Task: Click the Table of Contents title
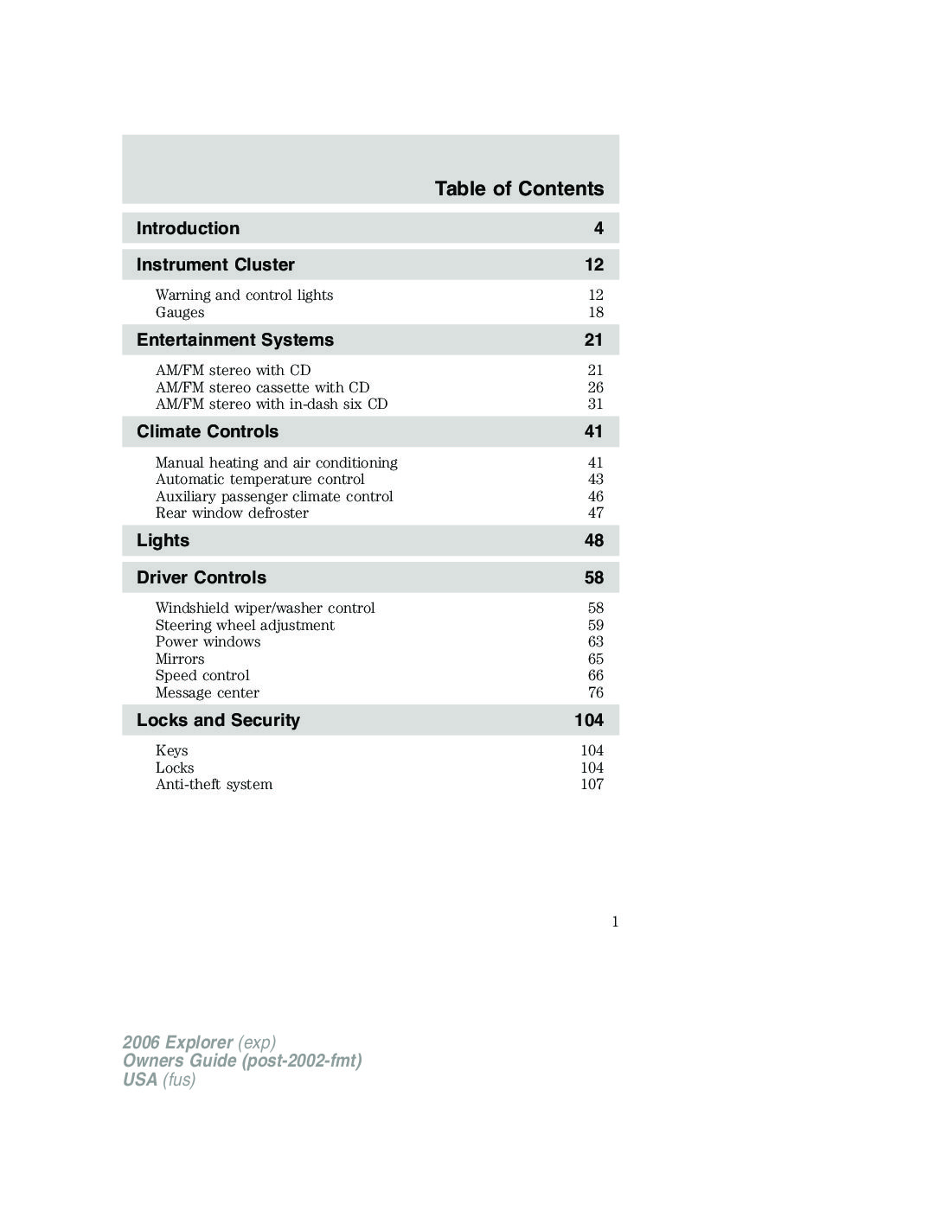(519, 188)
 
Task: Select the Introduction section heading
(188, 228)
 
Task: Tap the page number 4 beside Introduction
(599, 228)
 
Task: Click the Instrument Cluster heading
(215, 264)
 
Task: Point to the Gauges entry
(180, 312)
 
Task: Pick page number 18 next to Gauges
(596, 312)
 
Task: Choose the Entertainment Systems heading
(234, 340)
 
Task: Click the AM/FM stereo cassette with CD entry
(262, 387)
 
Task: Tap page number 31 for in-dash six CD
(596, 404)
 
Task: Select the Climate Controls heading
(208, 431)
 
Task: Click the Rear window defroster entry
(232, 513)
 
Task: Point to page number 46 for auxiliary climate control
(596, 496)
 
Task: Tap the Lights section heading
(163, 540)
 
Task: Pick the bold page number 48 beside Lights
(593, 540)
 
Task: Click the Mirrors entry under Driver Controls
(180, 659)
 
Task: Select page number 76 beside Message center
(596, 692)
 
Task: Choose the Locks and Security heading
(218, 720)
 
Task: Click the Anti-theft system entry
(214, 784)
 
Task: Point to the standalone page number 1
(615, 921)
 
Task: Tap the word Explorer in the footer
(199, 1042)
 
